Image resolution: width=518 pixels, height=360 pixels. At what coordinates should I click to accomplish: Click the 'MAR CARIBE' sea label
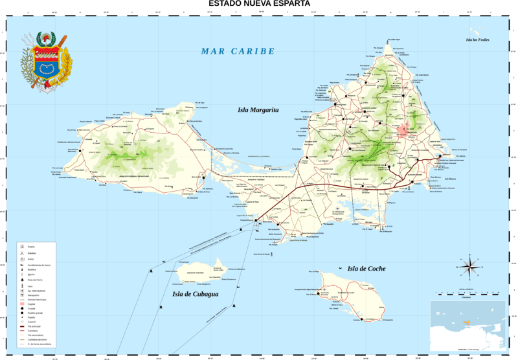click(x=238, y=51)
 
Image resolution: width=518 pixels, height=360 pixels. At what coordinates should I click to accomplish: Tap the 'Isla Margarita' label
click(x=257, y=111)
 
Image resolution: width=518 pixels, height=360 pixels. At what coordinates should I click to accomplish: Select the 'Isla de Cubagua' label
click(x=195, y=295)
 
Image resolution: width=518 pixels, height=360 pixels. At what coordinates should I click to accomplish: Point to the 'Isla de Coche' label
click(x=366, y=269)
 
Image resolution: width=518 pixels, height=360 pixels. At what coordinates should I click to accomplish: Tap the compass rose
click(x=468, y=265)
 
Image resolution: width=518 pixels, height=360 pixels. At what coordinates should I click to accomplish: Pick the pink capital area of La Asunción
click(x=406, y=130)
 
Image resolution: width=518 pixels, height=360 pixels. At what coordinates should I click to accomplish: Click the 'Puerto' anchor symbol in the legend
click(x=23, y=247)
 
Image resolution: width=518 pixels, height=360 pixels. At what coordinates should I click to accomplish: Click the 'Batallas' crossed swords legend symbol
click(x=23, y=253)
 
